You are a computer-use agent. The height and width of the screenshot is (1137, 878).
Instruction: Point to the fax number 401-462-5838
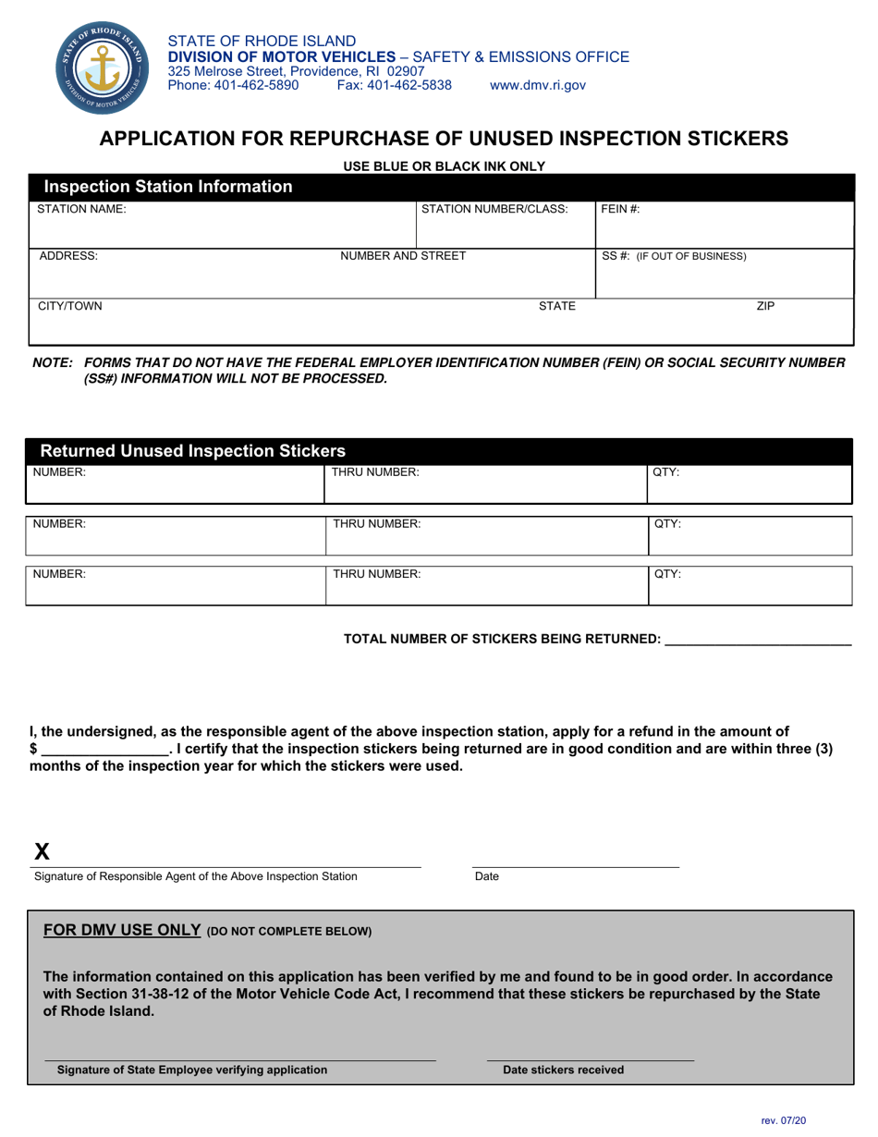[395, 85]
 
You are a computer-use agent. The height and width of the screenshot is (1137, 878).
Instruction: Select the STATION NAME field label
[81, 210]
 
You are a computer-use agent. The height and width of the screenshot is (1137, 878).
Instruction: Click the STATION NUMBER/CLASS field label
[494, 210]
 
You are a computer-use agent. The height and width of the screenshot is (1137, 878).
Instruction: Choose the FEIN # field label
[621, 210]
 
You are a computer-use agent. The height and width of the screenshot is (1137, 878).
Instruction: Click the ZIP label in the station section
[765, 306]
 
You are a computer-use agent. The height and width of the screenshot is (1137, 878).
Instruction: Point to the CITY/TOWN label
[70, 306]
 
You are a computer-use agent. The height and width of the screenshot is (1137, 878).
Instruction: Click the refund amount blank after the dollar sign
[104, 749]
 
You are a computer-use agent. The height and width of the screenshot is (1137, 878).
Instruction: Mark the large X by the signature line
[43, 851]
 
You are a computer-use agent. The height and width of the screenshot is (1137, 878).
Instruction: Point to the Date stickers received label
[563, 1070]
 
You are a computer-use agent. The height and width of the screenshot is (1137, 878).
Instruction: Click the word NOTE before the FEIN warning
[53, 363]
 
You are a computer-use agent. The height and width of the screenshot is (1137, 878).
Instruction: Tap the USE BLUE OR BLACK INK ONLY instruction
[444, 166]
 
